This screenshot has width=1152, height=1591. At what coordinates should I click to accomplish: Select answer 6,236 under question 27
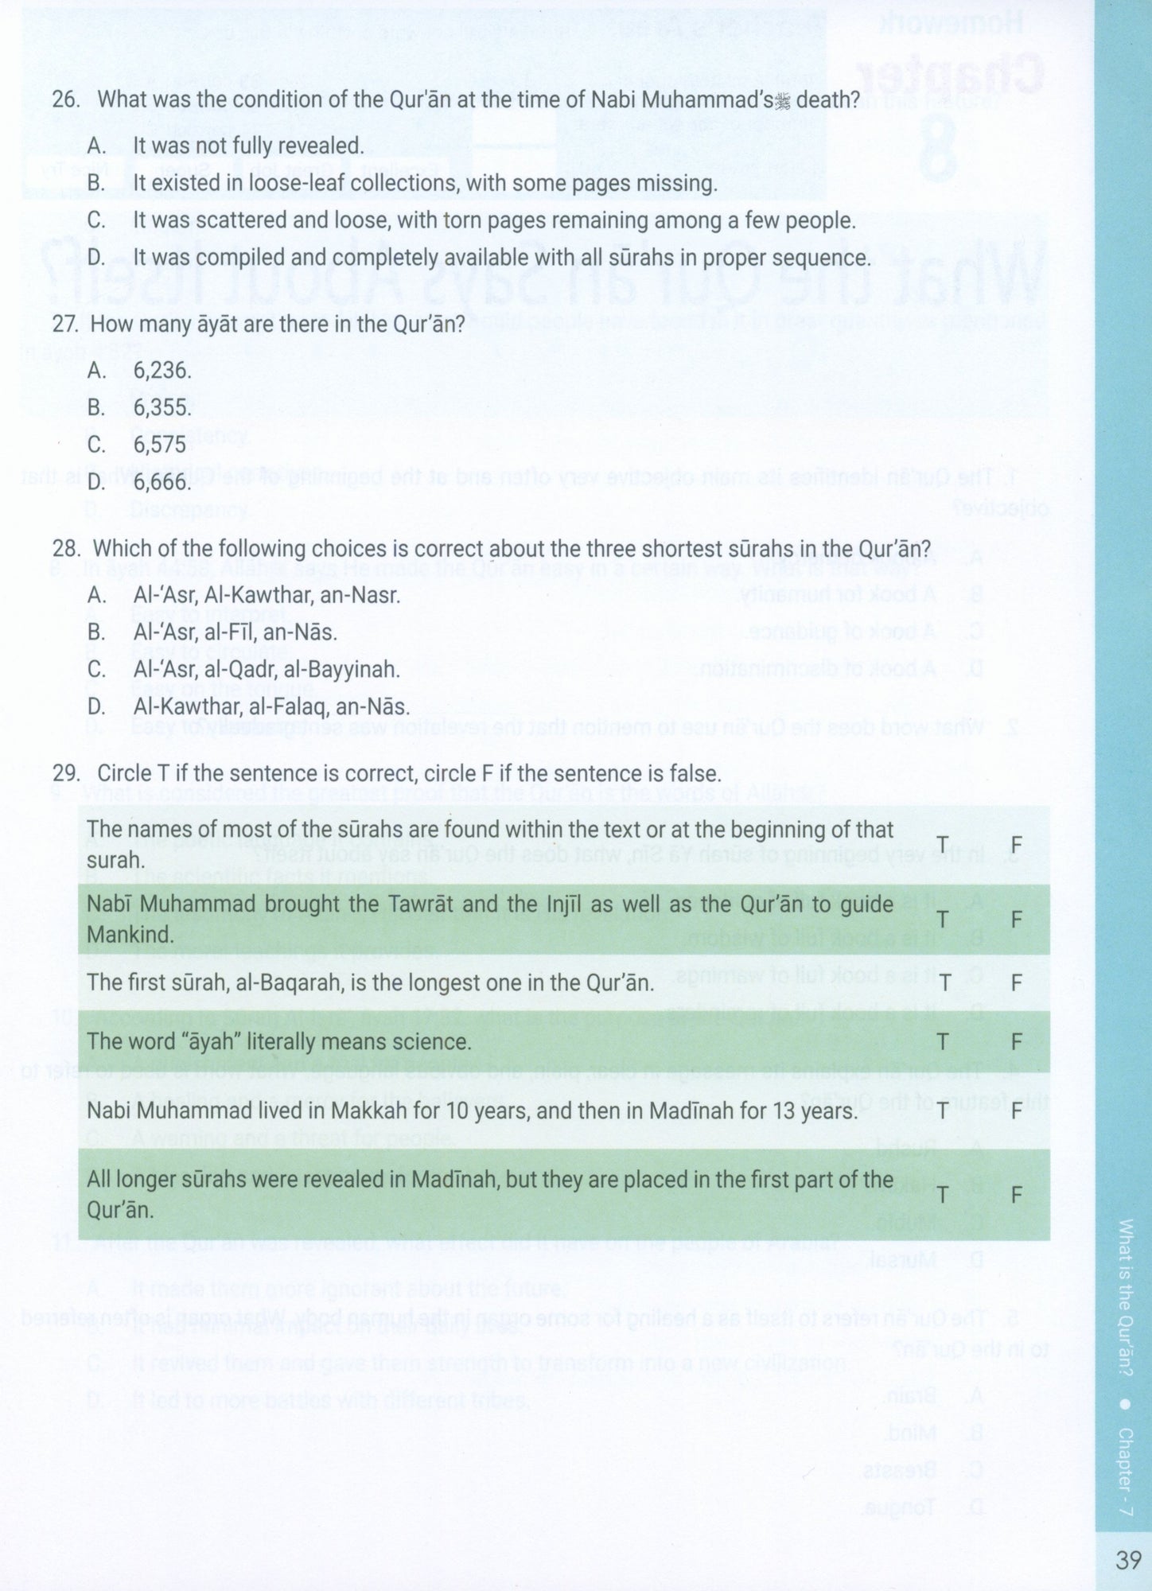pyautogui.click(x=162, y=370)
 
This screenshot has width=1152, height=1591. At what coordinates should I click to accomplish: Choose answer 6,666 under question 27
pyautogui.click(x=162, y=482)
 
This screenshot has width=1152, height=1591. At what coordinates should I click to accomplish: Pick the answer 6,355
pyautogui.click(x=162, y=407)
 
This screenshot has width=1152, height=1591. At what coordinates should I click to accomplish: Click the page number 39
pyautogui.click(x=1128, y=1560)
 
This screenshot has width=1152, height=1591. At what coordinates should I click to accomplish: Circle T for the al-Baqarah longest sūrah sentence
pyautogui.click(x=944, y=982)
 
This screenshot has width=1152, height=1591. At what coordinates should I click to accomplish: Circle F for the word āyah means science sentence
pyautogui.click(x=1016, y=1041)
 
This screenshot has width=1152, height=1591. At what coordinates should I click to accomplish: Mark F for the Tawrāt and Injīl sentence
pyautogui.click(x=1016, y=920)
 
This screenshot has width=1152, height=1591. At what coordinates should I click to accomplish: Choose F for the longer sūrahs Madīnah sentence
pyautogui.click(x=1016, y=1195)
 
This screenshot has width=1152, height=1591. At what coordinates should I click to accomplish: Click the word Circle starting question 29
pyautogui.click(x=124, y=773)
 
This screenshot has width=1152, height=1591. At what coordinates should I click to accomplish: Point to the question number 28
pyautogui.click(x=65, y=549)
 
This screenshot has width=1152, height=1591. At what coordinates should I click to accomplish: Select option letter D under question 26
pyautogui.click(x=96, y=258)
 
